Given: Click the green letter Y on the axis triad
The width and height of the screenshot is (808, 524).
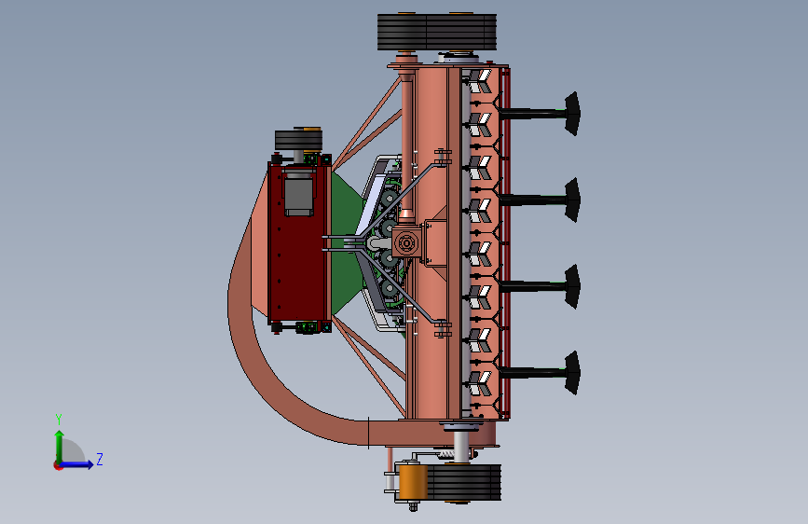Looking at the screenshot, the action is click(59, 420).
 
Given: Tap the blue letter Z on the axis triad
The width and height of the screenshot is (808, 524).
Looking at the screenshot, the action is click(100, 459).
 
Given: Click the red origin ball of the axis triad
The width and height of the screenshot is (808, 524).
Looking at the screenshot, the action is click(58, 465).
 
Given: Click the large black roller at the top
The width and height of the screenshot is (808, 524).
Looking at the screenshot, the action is click(437, 32).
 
